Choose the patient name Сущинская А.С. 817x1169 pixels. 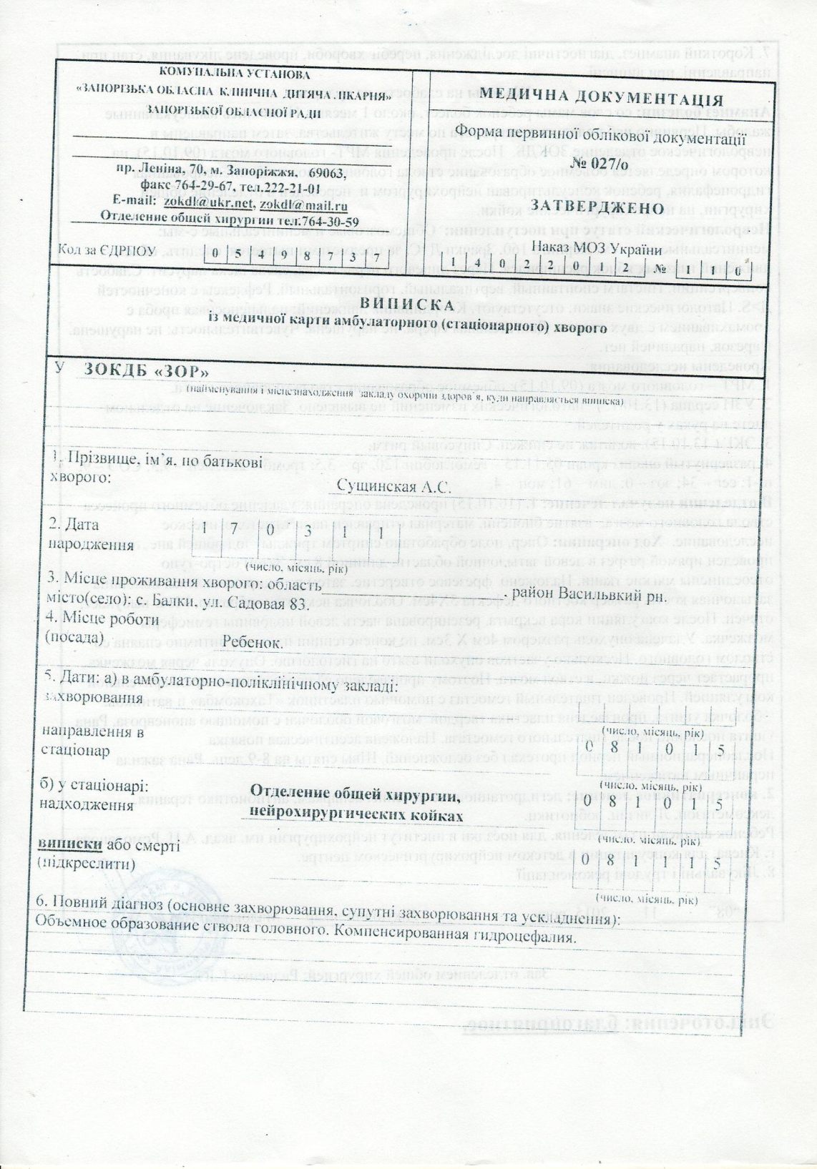click(x=391, y=488)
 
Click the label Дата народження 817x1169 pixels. click(x=90, y=533)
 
